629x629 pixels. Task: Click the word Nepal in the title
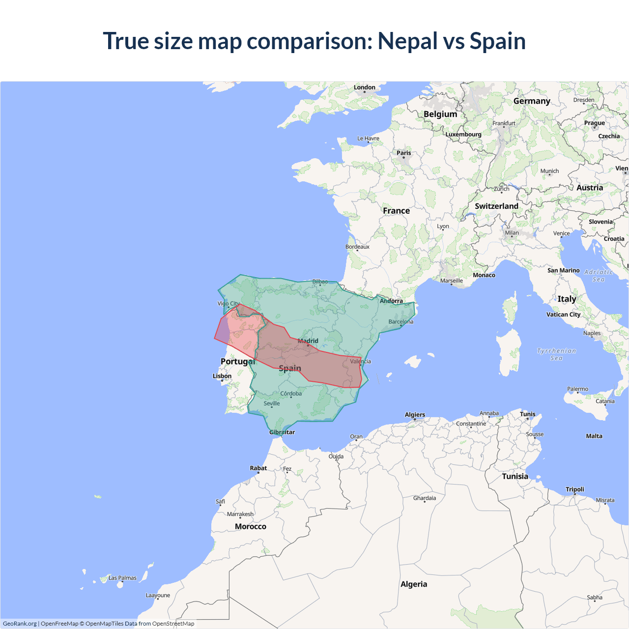[407, 41]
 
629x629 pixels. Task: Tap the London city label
[365, 87]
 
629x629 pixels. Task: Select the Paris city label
[404, 153]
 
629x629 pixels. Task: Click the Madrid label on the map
[308, 341]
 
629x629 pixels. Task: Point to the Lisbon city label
[222, 376]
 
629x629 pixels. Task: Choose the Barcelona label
[401, 322]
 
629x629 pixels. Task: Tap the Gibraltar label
[282, 432]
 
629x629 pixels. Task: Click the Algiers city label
[415, 415]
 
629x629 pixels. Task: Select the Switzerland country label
[496, 206]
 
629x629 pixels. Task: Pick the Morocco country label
[251, 526]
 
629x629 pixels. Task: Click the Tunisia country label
[515, 476]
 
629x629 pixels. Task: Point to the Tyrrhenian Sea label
[556, 354]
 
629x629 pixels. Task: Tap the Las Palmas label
[122, 578]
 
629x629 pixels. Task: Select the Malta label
[594, 436]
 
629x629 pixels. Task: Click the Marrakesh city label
[240, 514]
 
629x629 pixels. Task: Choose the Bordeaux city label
[357, 247]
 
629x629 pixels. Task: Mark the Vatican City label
[564, 314]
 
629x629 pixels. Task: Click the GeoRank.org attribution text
[20, 624]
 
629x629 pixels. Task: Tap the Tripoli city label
[575, 489]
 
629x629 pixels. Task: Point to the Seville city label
[272, 403]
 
